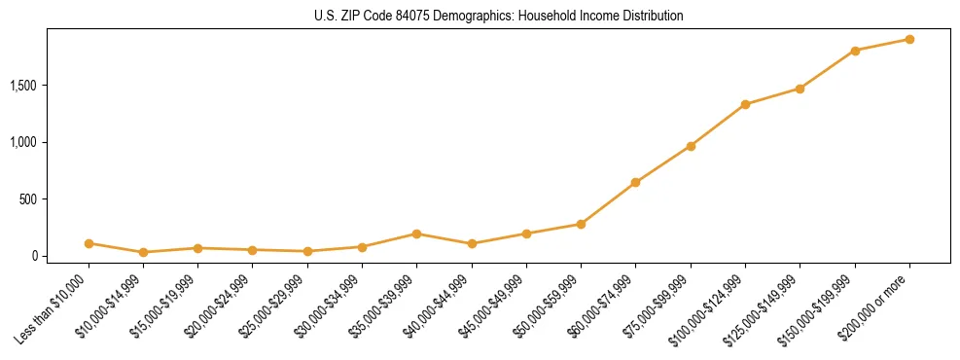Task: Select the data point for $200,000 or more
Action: [909, 40]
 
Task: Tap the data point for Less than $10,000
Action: [89, 243]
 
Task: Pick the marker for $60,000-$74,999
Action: [635, 182]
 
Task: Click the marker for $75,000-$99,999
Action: [691, 146]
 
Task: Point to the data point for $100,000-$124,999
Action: [745, 104]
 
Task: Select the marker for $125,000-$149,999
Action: [800, 89]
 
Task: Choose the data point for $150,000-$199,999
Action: [855, 51]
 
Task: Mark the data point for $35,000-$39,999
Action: [416, 234]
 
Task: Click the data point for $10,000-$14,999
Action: [143, 252]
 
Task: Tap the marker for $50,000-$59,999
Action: [581, 224]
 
